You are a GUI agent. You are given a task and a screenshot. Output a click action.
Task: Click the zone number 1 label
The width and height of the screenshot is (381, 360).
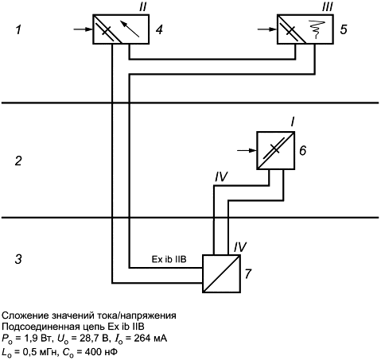click(18, 29)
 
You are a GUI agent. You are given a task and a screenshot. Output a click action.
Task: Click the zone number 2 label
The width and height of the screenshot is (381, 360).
click(18, 161)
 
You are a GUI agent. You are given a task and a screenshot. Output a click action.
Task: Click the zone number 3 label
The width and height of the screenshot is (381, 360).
click(18, 259)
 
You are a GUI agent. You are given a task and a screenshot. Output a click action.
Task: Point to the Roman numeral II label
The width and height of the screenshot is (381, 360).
click(143, 6)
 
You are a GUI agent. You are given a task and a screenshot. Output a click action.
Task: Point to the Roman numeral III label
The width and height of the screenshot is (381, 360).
click(328, 6)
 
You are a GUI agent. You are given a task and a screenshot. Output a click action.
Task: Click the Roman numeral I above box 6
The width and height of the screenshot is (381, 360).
click(292, 123)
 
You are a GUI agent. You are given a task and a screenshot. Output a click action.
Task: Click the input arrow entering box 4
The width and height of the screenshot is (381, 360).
click(83, 29)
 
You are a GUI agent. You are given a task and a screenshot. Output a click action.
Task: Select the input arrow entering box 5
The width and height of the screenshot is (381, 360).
click(267, 29)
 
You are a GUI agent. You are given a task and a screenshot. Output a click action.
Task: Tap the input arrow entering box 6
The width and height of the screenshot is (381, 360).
click(247, 150)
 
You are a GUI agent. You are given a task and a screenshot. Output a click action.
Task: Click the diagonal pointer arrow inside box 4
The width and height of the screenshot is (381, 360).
click(130, 28)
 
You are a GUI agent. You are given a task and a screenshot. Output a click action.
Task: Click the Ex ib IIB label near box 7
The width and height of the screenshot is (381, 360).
click(169, 259)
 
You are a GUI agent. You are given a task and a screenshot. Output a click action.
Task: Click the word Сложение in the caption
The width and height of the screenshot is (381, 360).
click(25, 315)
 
